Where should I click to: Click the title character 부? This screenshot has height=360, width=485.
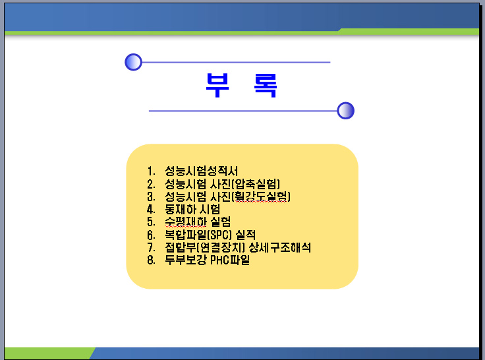coord(217,85)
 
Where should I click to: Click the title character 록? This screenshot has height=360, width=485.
coord(266,86)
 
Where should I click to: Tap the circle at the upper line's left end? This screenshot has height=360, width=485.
coord(133,62)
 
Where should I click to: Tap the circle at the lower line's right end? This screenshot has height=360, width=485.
coord(345,111)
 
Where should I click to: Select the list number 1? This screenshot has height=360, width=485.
coord(151,171)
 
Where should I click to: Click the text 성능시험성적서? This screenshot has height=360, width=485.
coord(202,171)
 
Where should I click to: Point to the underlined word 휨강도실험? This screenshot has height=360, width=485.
coord(261,196)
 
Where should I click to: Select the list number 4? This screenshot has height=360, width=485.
coord(151,210)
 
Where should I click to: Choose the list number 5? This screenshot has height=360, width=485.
coord(151,222)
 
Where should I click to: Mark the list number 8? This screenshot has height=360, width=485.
coord(151,260)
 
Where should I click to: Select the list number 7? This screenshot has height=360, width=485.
coord(151,248)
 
